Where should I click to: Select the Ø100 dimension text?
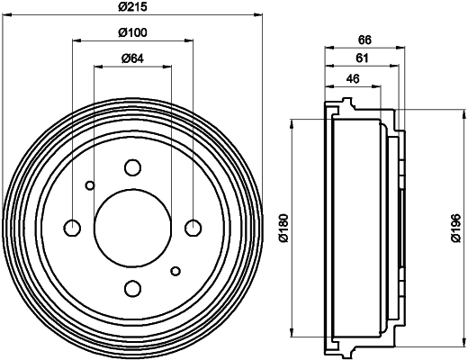(x=132, y=32)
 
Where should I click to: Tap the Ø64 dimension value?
(x=132, y=59)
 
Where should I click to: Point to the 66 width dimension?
(x=364, y=40)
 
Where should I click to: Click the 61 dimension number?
(x=362, y=58)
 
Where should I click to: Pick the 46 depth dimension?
(x=352, y=79)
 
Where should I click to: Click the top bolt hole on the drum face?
(x=132, y=166)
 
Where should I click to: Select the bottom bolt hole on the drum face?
(x=132, y=288)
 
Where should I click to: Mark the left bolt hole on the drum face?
(x=72, y=227)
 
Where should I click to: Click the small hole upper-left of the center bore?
(x=89, y=185)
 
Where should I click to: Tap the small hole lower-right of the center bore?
(x=175, y=269)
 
